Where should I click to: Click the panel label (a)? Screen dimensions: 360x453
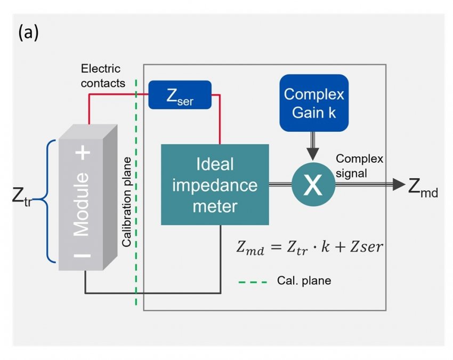(x=28, y=33)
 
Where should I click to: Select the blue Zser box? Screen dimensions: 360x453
(x=180, y=95)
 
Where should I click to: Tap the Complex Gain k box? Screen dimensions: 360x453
(x=314, y=103)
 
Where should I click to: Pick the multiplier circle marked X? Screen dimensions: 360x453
(x=313, y=185)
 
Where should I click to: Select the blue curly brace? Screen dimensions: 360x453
(x=45, y=201)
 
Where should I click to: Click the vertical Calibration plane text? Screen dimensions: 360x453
(x=127, y=202)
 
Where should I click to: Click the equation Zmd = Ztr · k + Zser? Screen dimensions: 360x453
(x=309, y=247)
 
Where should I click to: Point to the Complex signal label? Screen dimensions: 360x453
(x=359, y=165)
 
